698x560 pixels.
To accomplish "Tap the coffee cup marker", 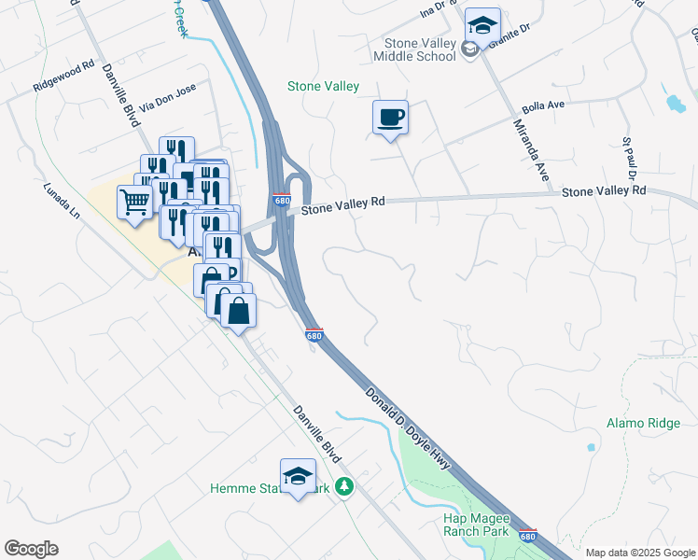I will pos(391,119).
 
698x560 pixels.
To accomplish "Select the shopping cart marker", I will pos(134,201).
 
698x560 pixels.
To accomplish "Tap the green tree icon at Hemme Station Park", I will pos(344,487).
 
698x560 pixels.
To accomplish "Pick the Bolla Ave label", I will pos(544,106).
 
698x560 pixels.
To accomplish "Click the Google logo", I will pos(31,549).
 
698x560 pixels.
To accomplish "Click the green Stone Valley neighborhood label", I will pos(323,87).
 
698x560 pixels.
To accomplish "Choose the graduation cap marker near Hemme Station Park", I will pos(298,476).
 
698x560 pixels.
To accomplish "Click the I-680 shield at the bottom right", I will pos(527,536).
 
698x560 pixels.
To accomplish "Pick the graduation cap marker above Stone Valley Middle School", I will pos(482,24).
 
